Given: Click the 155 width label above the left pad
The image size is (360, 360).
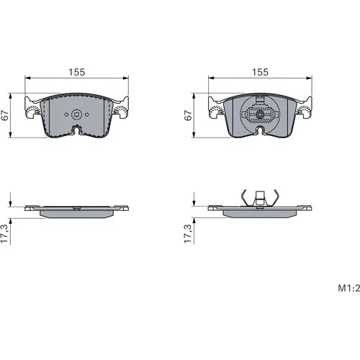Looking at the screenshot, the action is pos(77,72).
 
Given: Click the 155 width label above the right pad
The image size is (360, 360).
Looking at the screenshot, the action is pos(260,72).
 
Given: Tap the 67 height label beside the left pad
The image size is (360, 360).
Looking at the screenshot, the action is pos(5,115).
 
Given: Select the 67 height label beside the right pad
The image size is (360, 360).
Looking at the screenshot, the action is pos(188,115).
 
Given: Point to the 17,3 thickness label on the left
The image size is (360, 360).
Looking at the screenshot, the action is pos(5,234).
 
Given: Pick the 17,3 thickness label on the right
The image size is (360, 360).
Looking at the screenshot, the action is pos(188,234).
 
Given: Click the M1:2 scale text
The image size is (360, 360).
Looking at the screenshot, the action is pos(349,288).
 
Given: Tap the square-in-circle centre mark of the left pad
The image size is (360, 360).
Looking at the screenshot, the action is pos(77,114).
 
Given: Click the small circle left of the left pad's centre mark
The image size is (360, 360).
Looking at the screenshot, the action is pos(66,114).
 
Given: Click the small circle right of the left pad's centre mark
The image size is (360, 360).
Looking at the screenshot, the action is pos(87,114).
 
